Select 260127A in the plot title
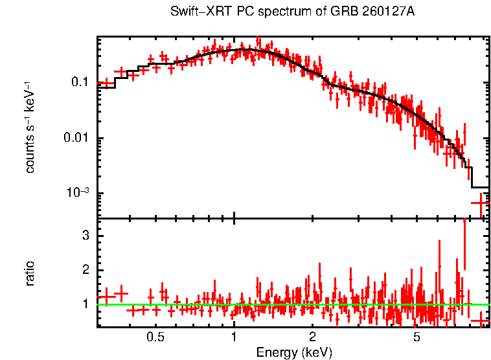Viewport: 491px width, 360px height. click(374, 12)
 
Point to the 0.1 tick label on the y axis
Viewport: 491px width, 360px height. click(80, 82)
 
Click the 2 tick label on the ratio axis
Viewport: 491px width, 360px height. click(84, 269)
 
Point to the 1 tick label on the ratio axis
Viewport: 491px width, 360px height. click(84, 304)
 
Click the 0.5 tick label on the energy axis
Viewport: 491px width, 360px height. click(155, 337)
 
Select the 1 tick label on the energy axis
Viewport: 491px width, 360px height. click(234, 337)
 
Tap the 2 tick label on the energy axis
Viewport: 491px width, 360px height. click(312, 337)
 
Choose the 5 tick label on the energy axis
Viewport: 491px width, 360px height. click(416, 337)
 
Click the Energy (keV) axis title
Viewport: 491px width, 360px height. click(294, 352)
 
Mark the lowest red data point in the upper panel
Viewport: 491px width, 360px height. click(479, 203)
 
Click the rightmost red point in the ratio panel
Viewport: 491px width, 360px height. click(480, 321)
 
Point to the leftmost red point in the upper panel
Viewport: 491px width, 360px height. click(104, 84)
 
